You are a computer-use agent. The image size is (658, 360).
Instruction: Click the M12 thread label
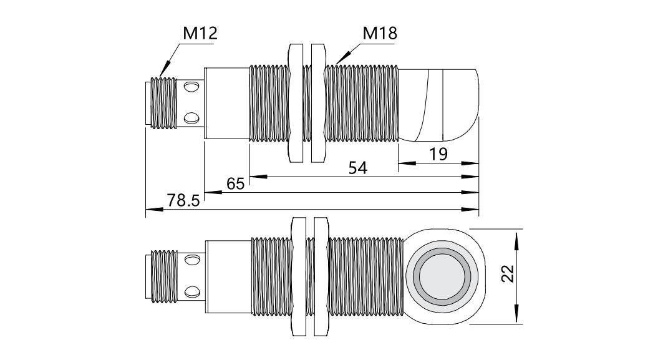click(x=200, y=33)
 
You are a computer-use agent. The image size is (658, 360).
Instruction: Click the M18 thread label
click(x=379, y=33)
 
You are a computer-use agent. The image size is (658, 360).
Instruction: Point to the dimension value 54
click(x=358, y=167)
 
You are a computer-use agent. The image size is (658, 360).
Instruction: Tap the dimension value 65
click(x=235, y=183)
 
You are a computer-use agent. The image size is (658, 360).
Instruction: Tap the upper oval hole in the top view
click(x=193, y=89)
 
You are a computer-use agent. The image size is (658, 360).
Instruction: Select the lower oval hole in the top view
click(x=193, y=116)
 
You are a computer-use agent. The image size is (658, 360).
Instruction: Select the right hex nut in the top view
click(x=317, y=102)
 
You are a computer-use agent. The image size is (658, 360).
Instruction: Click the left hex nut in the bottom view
click(x=298, y=276)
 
